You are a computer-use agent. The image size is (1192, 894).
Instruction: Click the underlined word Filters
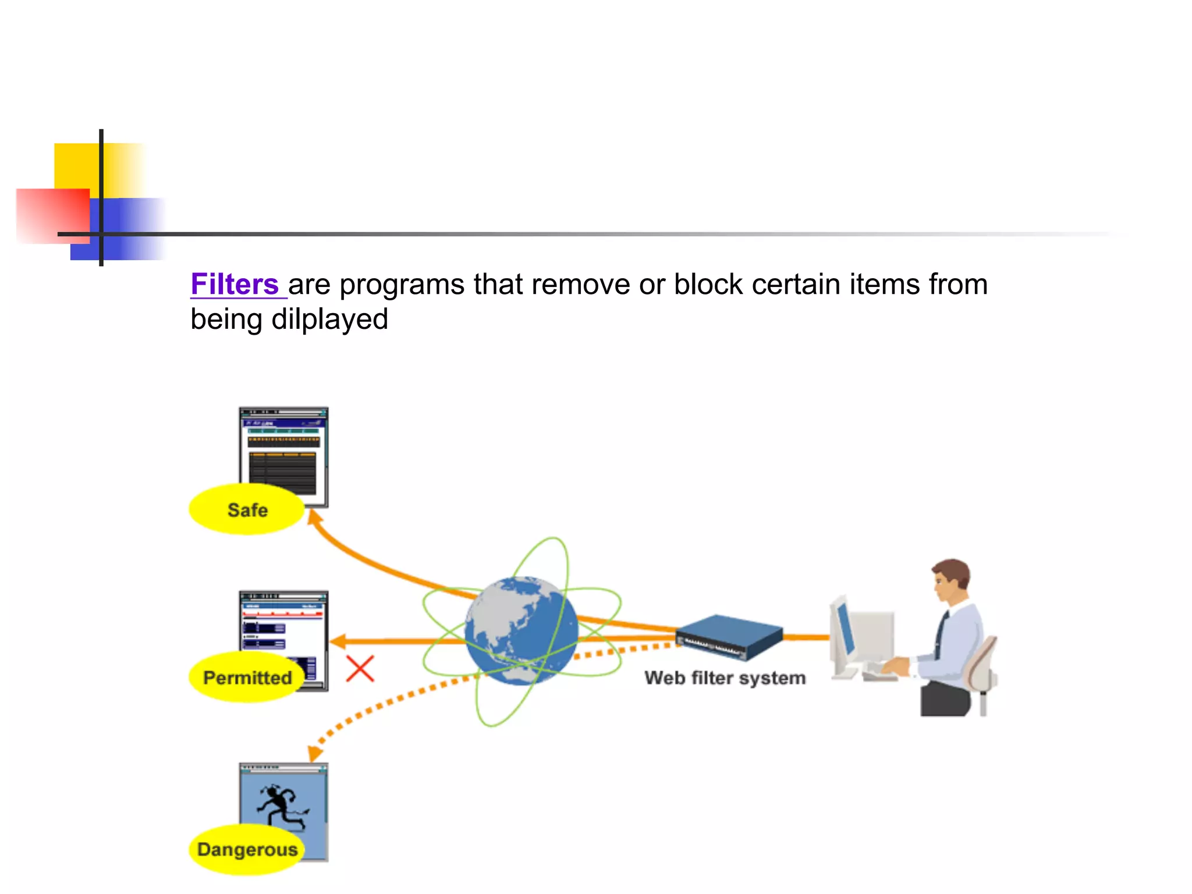[x=235, y=285]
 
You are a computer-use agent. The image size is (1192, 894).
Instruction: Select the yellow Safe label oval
[x=247, y=510]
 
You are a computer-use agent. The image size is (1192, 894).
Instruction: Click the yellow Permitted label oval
[x=247, y=677]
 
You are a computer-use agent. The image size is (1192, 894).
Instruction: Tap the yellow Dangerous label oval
[x=247, y=850]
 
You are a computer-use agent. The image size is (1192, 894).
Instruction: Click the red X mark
[x=360, y=669]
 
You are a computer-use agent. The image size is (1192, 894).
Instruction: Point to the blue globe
[x=521, y=630]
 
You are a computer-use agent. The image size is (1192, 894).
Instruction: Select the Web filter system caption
[x=725, y=678]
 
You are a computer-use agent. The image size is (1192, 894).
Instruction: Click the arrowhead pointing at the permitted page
[x=337, y=641]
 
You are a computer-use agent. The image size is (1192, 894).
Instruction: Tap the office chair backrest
[x=981, y=664]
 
